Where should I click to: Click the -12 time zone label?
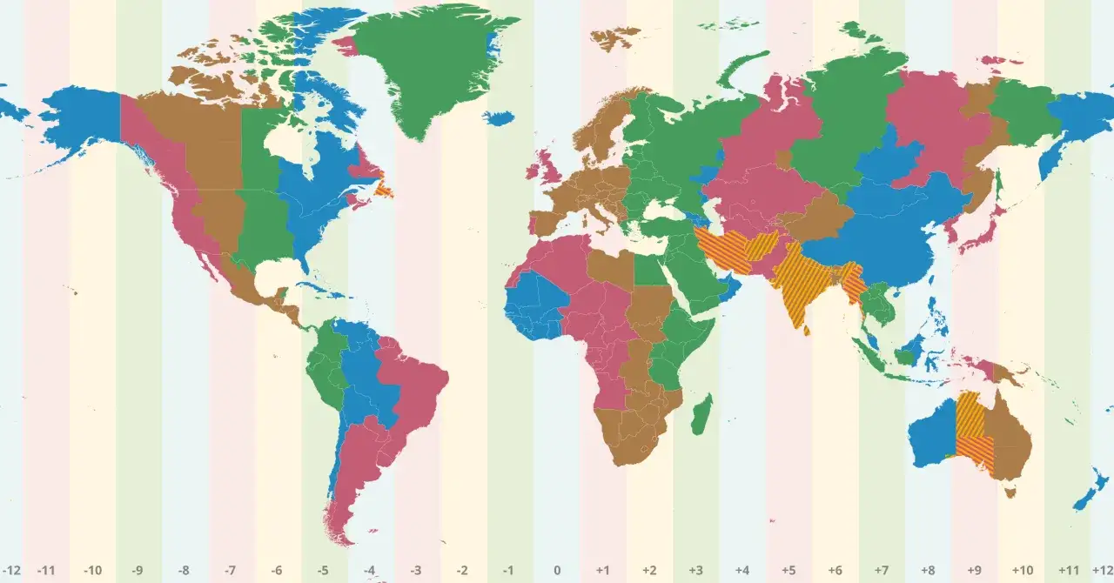tap(12, 571)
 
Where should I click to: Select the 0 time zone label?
tap(557, 571)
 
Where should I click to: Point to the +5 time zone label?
tap(789, 571)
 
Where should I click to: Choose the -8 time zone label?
tap(185, 571)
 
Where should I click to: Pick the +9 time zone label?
tap(975, 571)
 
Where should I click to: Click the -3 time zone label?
tap(417, 571)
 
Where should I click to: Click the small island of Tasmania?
tap(1010, 493)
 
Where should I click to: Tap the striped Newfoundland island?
tap(384, 188)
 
